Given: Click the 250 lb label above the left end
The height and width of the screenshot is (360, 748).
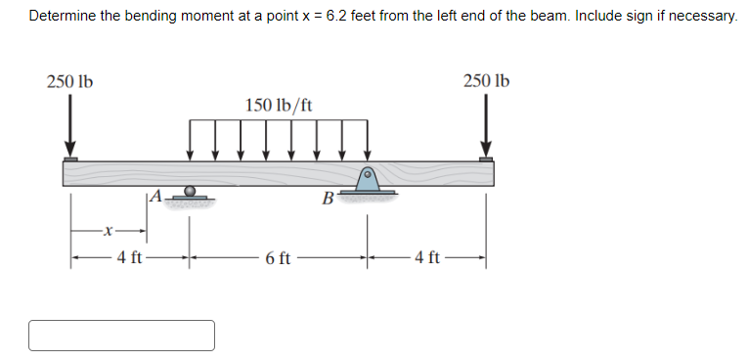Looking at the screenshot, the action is [69, 82].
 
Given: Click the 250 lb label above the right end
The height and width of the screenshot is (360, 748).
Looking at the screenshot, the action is [486, 81].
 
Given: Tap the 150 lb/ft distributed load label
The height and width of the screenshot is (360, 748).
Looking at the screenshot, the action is [279, 105].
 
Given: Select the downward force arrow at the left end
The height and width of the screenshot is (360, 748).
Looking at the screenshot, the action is [70, 125].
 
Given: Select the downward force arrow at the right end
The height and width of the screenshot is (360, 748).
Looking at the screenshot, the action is [486, 125].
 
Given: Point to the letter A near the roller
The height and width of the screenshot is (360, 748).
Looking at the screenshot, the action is [156, 195].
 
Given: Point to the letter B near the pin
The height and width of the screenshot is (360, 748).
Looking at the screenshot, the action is [328, 199].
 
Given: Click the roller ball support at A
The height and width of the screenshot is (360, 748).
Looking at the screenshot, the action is [190, 191].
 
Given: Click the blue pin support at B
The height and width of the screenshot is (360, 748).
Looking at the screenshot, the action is [368, 180].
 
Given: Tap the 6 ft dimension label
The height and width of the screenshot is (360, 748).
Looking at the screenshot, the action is [278, 259].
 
